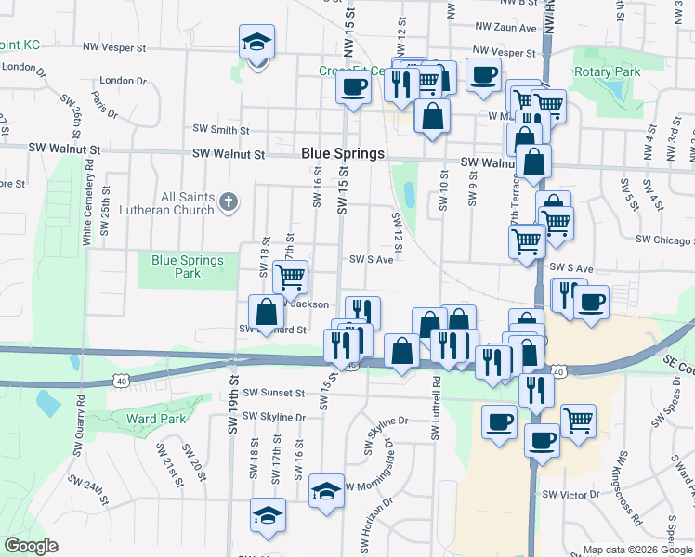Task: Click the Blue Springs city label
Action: tap(343, 154)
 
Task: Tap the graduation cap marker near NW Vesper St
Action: tap(256, 43)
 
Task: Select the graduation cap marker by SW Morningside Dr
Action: tap(326, 492)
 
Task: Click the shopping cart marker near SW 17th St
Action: tap(291, 276)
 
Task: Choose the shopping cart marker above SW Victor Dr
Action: tap(578, 421)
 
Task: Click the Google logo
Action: tap(31, 546)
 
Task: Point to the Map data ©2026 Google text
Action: tap(636, 550)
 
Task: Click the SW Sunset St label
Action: tap(273, 393)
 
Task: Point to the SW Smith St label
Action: tap(221, 130)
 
